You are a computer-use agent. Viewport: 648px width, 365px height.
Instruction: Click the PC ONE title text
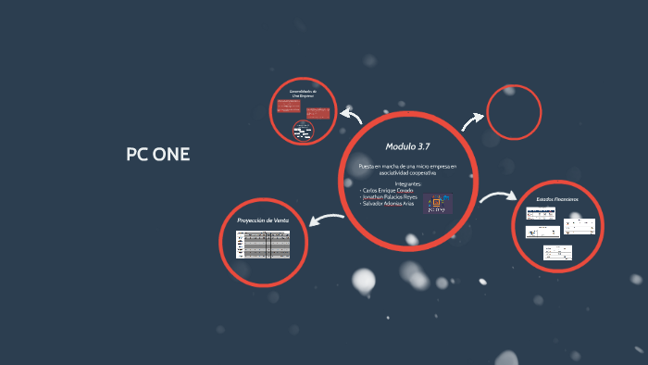coord(157,154)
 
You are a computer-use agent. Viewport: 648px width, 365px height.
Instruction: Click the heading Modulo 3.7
coord(407,146)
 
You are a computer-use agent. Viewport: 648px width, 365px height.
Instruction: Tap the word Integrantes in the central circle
coord(408,183)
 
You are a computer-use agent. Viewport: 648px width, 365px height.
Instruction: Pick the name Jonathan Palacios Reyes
coord(391,197)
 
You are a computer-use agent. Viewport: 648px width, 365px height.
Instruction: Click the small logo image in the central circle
coord(438,204)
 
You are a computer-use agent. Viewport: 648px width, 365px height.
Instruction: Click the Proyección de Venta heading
coord(263,220)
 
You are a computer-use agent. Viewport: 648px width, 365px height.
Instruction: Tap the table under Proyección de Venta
coord(264,244)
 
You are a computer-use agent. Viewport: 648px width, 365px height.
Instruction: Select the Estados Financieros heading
coord(557,200)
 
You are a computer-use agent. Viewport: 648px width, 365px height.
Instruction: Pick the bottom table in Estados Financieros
coord(556,253)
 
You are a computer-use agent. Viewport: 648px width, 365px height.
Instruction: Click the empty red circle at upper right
coord(514,113)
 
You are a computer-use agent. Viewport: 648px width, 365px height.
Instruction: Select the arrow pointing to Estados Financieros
coord(499,197)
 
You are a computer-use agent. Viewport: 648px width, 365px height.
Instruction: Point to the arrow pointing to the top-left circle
coord(351,115)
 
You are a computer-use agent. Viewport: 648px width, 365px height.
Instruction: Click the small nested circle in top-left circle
coord(303,130)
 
